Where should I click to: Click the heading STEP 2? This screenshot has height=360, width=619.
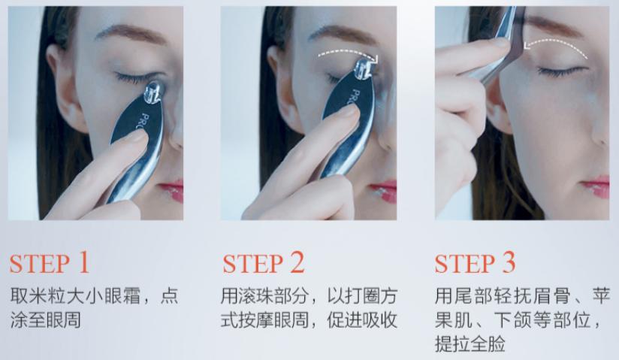pyautogui.click(x=264, y=264)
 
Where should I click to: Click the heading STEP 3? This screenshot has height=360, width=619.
pyautogui.click(x=476, y=264)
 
